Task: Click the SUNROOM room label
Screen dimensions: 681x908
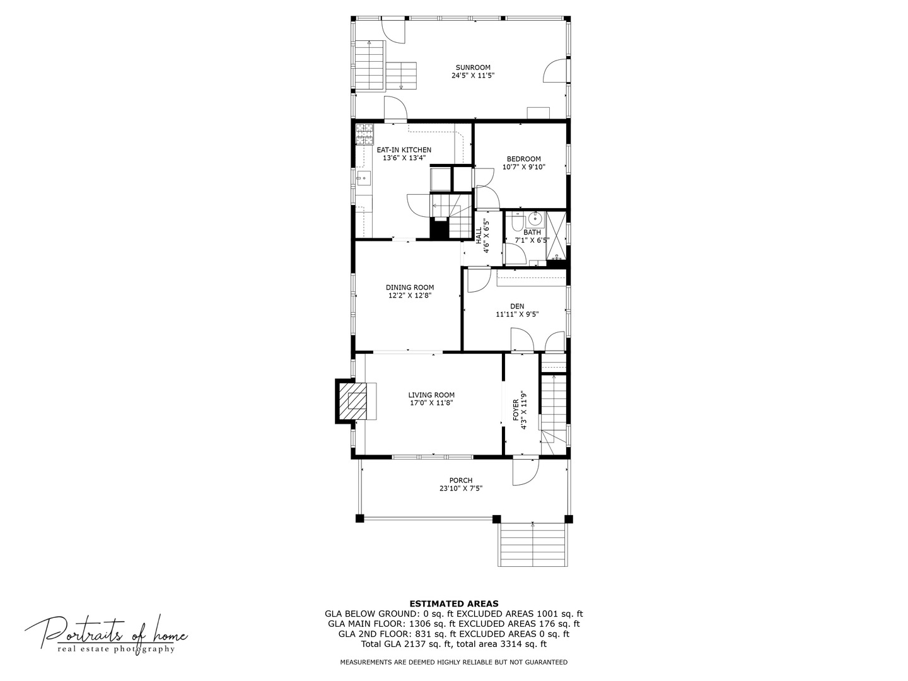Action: pos(473,67)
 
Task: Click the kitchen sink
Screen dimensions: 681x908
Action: pos(363,178)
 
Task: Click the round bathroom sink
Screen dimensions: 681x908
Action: pos(535,219)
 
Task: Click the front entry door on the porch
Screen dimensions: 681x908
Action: pos(525,470)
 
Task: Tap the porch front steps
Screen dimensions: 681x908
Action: pos(533,545)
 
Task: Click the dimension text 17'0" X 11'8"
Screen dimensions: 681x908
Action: pos(431,403)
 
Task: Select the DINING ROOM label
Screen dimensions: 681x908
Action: pos(410,288)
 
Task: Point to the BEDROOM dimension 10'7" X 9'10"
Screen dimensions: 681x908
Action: pos(523,167)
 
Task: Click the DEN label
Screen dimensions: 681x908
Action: pos(517,306)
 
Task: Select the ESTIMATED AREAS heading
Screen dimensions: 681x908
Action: pos(454,603)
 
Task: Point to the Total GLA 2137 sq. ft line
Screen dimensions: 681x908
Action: pos(454,644)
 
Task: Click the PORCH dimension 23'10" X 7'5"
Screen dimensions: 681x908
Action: pos(461,488)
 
